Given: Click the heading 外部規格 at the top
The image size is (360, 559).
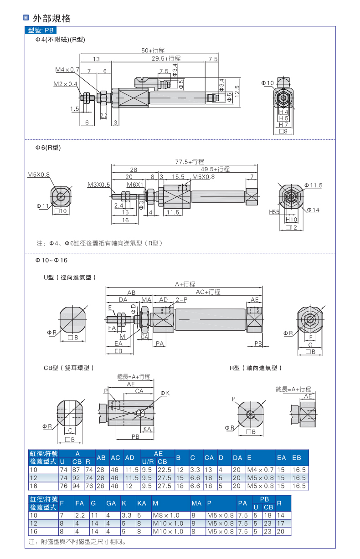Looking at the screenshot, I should pyautogui.click(x=51, y=19).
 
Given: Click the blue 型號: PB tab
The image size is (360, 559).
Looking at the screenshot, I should pyautogui.click(x=41, y=30).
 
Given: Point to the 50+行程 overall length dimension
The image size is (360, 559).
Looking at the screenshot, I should pyautogui.click(x=153, y=50).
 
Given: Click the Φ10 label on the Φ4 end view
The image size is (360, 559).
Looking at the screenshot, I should pyautogui.click(x=267, y=83).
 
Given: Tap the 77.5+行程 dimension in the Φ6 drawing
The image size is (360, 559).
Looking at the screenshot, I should pyautogui.click(x=190, y=162).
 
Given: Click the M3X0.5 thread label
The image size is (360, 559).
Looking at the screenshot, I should pyautogui.click(x=99, y=185).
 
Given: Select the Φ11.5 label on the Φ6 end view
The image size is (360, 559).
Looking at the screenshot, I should pyautogui.click(x=313, y=185).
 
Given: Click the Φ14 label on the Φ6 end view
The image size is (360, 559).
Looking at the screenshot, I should pyautogui.click(x=313, y=210).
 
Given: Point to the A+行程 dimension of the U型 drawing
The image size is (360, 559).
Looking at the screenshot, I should pyautogui.click(x=185, y=284).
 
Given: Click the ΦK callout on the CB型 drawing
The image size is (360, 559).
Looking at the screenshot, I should pyautogui.click(x=165, y=393).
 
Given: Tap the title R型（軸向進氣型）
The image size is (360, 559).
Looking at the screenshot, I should pyautogui.click(x=256, y=368).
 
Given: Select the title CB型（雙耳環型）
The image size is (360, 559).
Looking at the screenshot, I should pyautogui.click(x=69, y=368).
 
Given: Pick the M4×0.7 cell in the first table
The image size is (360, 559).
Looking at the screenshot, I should pyautogui.click(x=260, y=470).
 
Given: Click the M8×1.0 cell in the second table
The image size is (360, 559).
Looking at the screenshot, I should pyautogui.click(x=168, y=515).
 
